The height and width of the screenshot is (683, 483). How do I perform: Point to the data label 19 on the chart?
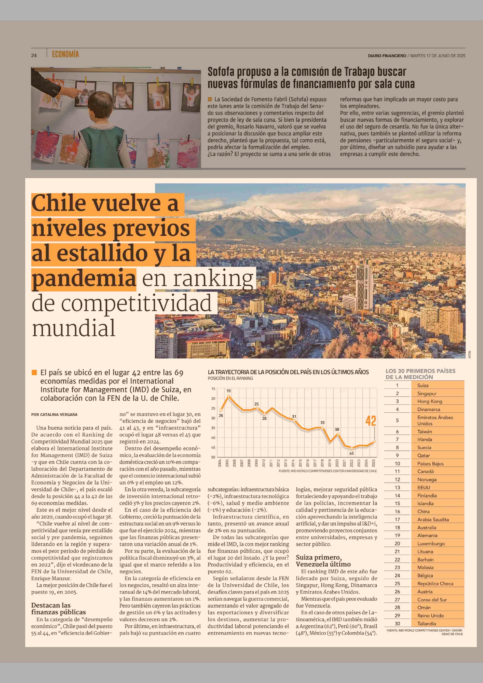click(x=228, y=391)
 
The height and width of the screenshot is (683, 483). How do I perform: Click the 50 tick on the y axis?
click(x=213, y=457)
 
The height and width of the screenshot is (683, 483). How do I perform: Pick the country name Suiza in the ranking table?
click(x=423, y=385)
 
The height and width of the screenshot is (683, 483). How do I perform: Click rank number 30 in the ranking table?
click(x=397, y=623)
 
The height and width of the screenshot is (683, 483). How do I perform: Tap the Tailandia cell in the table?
click(x=427, y=623)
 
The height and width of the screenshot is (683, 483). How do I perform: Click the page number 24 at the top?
click(x=34, y=55)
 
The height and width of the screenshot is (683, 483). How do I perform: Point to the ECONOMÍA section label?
click(x=65, y=54)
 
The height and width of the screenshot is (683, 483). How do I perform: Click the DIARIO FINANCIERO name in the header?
click(x=387, y=56)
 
